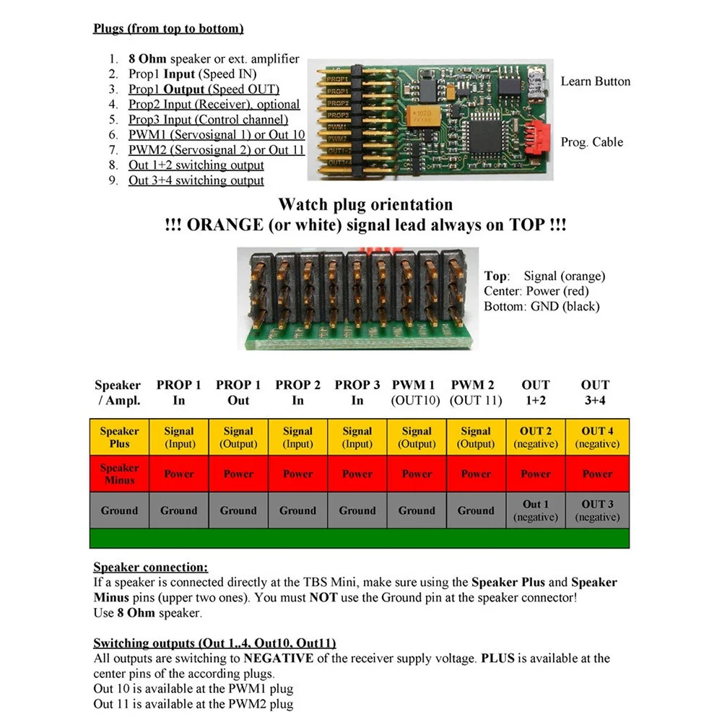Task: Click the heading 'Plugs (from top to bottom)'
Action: pyautogui.click(x=168, y=29)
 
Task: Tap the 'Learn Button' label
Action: pyautogui.click(x=595, y=82)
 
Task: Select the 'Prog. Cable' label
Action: pyautogui.click(x=591, y=142)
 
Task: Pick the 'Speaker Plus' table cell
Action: pyautogui.click(x=119, y=437)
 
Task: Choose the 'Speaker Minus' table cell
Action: pyautogui.click(x=119, y=474)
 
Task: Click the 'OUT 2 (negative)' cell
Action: pyautogui.click(x=536, y=437)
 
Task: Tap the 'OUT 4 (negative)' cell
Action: pyautogui.click(x=597, y=437)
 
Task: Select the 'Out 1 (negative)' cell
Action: pyautogui.click(x=536, y=510)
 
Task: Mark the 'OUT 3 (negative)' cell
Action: pyautogui.click(x=597, y=510)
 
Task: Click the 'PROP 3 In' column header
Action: pyautogui.click(x=357, y=393)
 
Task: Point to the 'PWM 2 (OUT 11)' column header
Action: pyautogui.click(x=476, y=393)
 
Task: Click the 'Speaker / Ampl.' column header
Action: pyautogui.click(x=118, y=393)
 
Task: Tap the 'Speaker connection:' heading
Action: pyautogui.click(x=150, y=567)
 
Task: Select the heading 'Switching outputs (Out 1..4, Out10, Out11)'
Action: pyautogui.click(x=214, y=643)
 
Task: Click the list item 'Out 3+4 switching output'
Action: pyautogui.click(x=196, y=180)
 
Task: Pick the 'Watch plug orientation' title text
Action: pyautogui.click(x=365, y=205)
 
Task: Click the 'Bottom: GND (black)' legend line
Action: pyautogui.click(x=541, y=306)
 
